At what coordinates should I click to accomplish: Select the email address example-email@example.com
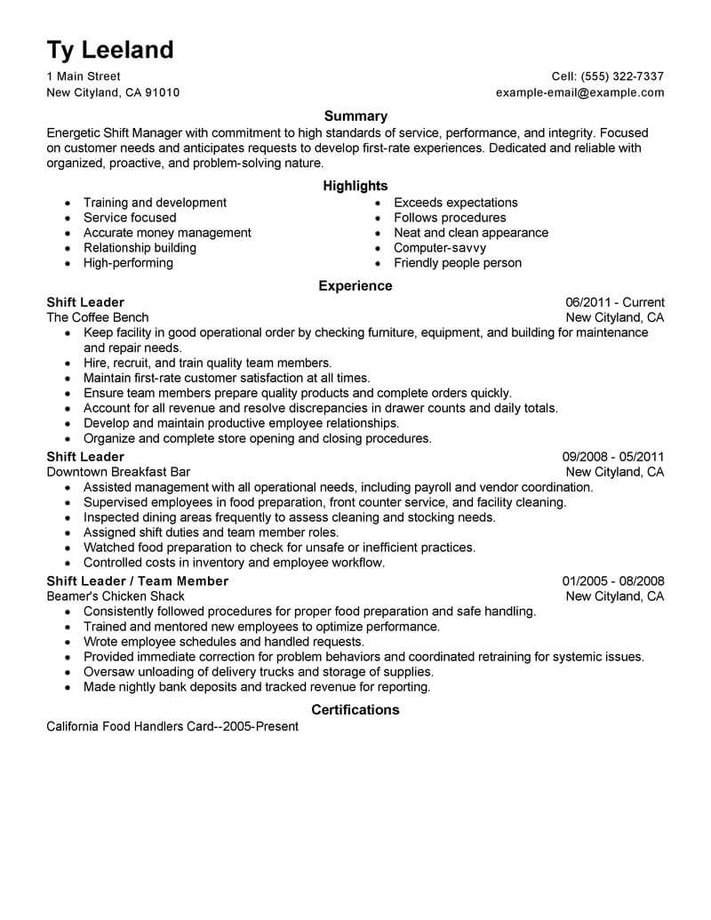tap(579, 92)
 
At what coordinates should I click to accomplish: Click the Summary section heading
tap(355, 116)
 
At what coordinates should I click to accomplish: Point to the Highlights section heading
tap(355, 186)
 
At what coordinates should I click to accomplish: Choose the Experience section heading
tap(355, 286)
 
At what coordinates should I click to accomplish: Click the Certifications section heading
tap(355, 709)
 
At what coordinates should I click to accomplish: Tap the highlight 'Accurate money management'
tap(167, 233)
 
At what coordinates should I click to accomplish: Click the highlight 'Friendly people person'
tap(458, 263)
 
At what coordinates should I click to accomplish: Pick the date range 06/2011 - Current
tap(614, 302)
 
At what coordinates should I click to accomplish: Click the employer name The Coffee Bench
tap(98, 317)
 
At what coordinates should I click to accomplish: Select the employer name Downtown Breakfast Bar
tap(118, 472)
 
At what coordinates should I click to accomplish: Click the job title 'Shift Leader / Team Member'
tap(138, 581)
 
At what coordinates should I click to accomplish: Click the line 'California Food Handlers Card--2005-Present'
tap(172, 726)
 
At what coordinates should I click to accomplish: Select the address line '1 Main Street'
tap(84, 76)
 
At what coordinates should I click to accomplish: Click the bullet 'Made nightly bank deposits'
tap(257, 687)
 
